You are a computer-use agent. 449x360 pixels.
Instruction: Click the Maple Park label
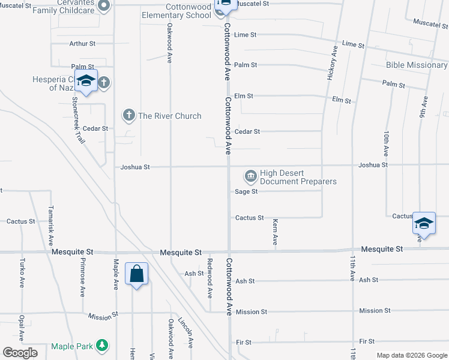(x=72, y=346)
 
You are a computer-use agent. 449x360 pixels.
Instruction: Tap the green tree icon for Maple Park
(x=103, y=346)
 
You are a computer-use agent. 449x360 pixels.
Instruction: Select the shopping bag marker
(x=136, y=274)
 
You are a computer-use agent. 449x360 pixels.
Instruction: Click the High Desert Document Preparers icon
(x=250, y=176)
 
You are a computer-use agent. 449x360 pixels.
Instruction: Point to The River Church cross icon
(x=128, y=115)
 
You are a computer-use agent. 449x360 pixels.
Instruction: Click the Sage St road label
(x=246, y=191)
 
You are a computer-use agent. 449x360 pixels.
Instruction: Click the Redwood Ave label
(x=209, y=278)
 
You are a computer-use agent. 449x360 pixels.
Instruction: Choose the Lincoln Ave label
(x=188, y=332)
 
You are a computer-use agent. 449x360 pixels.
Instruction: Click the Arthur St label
(x=82, y=44)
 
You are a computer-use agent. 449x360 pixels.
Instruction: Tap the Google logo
(x=20, y=353)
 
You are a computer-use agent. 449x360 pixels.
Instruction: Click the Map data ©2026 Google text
(x=411, y=355)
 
